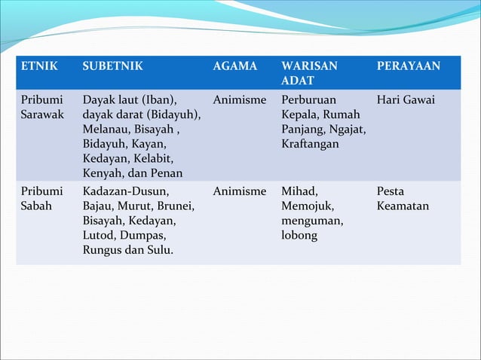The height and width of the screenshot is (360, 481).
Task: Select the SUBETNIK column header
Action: pos(113,66)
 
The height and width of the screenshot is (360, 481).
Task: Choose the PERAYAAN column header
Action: pos(409,66)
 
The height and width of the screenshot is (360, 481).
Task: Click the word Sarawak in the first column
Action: pos(42,114)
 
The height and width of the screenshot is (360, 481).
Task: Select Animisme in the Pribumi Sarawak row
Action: pos(240,99)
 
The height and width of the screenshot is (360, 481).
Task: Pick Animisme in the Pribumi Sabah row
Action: pos(240,192)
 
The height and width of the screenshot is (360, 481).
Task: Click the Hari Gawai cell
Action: pos(406,99)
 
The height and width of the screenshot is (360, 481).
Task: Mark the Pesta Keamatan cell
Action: pos(403,199)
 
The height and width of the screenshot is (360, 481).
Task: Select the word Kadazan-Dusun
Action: pos(127,192)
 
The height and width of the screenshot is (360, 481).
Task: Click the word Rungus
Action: pos(104,250)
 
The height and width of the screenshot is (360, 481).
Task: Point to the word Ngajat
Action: pos(347,129)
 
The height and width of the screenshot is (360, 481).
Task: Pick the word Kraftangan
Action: pos(310,143)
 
